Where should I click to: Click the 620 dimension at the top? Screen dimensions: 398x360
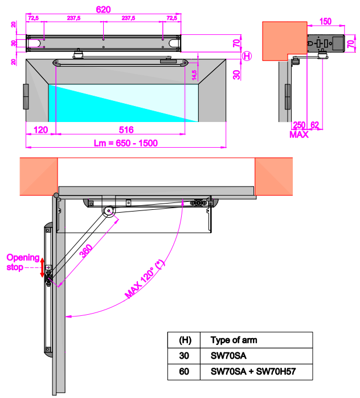pos(104,9)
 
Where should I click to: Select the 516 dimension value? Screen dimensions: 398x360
pos(119,129)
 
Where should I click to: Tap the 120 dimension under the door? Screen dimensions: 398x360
pos(40,129)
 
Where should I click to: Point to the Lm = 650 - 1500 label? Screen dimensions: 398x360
pos(125,143)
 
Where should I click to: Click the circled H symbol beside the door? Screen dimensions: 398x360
pos(246,55)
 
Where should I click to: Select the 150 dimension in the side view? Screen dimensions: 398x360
pos(326,21)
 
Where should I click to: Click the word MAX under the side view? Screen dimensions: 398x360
pos(298,135)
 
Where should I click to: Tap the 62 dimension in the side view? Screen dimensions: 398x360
pos(316,125)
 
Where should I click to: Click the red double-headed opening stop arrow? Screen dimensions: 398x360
pos(42,266)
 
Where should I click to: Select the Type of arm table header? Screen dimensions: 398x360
pos(234,340)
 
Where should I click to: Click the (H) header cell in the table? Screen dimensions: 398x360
pos(185,340)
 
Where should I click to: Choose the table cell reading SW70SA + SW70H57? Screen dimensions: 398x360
pos(253,373)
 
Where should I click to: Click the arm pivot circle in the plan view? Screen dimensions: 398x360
pos(108,212)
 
